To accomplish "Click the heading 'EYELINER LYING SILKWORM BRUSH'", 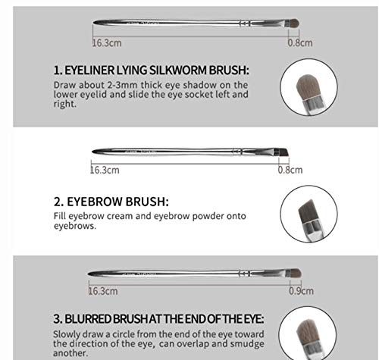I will coord(151,70).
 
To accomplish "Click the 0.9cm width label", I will coord(300,290).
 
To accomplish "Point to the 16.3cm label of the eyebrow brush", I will coord(105,170).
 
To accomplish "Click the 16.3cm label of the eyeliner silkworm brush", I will coord(108,43).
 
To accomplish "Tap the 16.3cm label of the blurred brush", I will coord(103,290).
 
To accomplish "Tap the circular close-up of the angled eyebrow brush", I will coord(308,214).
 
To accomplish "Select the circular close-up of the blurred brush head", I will coord(309,337).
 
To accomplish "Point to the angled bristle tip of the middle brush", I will coord(283,152).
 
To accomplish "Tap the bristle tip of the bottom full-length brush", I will coord(295,273).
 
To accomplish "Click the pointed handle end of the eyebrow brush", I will coord(93,152).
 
